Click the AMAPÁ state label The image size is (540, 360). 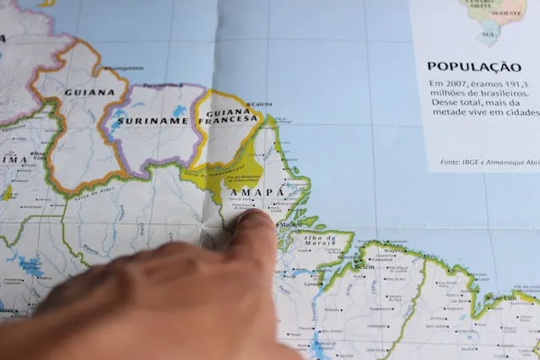tap(256, 191)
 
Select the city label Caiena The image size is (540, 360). tap(262, 104)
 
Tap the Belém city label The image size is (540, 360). tap(364, 266)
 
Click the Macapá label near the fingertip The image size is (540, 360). tap(290, 224)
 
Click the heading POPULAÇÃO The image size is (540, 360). tap(473, 66)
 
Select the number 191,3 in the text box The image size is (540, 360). tap(525, 83)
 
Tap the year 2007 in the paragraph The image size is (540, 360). tap(461, 83)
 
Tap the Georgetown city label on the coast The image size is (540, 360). tap(127, 67)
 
